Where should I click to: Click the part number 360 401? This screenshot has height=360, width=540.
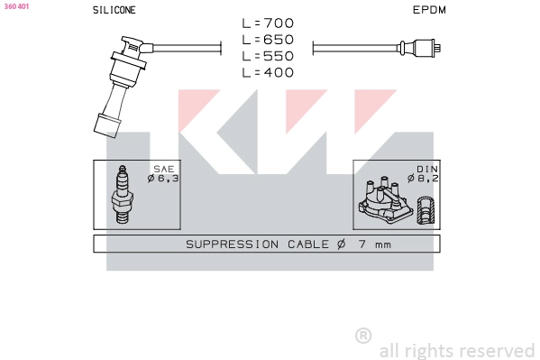[16, 6]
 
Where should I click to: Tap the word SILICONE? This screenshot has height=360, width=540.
[114, 10]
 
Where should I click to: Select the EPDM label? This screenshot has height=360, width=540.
[429, 10]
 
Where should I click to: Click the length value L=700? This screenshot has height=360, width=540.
[268, 23]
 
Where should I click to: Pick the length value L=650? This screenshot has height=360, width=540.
[268, 40]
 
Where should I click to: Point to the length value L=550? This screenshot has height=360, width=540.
[268, 56]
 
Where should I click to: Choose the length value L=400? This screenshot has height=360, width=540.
[268, 72]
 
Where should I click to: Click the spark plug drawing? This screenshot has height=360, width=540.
[123, 194]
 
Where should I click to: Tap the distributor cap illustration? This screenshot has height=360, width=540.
[385, 200]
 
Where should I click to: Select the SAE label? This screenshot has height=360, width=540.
[164, 169]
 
